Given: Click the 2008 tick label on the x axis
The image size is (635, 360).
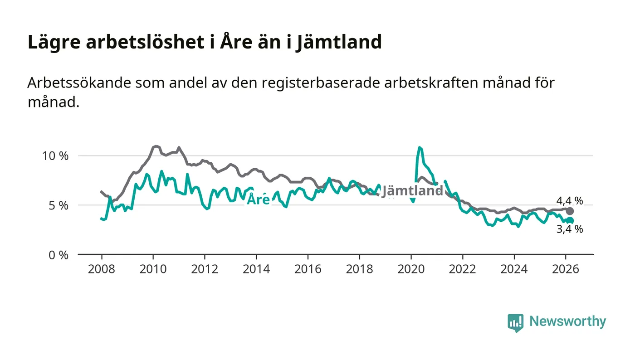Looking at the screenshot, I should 101,269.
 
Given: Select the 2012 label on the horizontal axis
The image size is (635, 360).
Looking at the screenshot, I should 205,269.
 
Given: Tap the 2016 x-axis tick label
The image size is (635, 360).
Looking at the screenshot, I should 308,269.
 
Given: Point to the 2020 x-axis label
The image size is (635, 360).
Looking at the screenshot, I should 411,269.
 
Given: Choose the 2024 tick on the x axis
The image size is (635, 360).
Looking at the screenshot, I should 514,269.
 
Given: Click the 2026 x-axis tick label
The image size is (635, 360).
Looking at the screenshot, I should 566,269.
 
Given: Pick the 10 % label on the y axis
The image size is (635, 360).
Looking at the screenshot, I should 55,156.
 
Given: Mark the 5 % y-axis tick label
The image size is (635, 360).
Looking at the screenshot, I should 58,205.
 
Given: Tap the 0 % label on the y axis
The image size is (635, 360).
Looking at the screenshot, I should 58,255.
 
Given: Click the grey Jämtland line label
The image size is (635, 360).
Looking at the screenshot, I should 412,191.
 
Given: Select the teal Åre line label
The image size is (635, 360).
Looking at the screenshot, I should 258,199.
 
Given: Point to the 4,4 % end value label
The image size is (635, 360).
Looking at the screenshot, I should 570,201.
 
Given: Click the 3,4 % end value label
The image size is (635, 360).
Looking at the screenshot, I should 570,229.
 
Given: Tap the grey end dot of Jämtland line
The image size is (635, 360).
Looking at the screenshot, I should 570,211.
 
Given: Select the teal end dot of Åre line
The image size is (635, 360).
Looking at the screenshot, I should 570,221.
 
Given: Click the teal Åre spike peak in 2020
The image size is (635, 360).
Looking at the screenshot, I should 420,147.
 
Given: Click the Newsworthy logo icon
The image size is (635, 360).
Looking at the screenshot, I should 515,322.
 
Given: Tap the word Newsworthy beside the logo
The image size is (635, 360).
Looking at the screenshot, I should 567,321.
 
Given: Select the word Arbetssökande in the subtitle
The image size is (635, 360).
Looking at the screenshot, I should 75,83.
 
